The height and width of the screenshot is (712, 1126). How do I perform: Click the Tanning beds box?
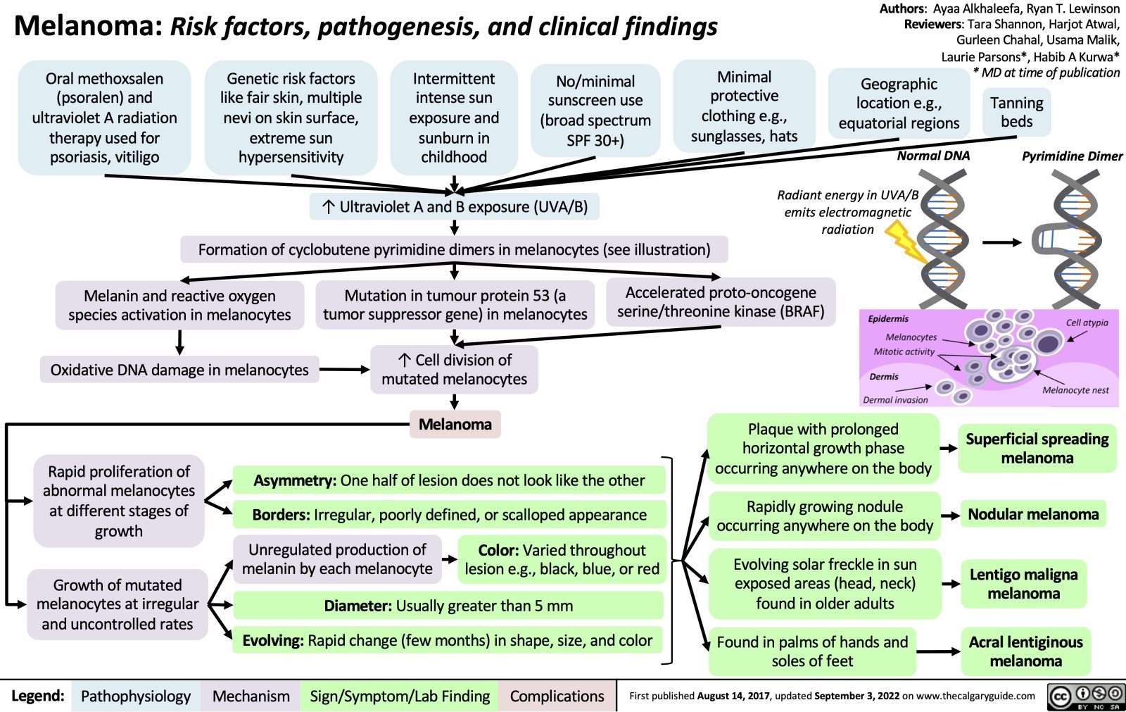coord(1016,112)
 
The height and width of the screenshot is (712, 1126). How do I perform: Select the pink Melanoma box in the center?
coord(455,424)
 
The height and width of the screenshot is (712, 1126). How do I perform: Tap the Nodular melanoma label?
coord(1032,514)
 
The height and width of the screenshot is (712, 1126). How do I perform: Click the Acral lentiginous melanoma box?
coord(1025,651)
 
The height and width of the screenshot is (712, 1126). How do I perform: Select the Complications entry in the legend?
coord(557,696)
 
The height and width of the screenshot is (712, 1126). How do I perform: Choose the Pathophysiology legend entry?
coord(135,696)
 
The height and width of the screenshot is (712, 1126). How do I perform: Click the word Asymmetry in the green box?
coord(294,480)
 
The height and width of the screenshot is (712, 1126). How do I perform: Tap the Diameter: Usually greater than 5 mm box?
coord(448,605)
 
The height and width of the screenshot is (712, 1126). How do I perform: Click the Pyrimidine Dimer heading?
coord(1072,156)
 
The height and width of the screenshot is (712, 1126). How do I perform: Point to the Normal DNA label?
coord(933,156)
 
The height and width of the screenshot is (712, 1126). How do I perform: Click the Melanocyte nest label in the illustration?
coord(1075,390)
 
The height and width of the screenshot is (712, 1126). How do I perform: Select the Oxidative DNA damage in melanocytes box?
coord(179,370)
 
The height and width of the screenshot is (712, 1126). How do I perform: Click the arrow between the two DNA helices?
coord(1002,242)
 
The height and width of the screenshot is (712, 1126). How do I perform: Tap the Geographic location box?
coord(899,104)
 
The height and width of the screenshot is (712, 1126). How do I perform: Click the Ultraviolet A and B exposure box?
coord(455,206)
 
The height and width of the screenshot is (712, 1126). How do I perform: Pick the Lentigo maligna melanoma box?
coord(1023,584)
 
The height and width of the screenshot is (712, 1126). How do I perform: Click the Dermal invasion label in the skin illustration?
coord(895,399)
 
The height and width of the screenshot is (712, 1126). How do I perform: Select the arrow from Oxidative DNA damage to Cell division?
coord(345,369)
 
